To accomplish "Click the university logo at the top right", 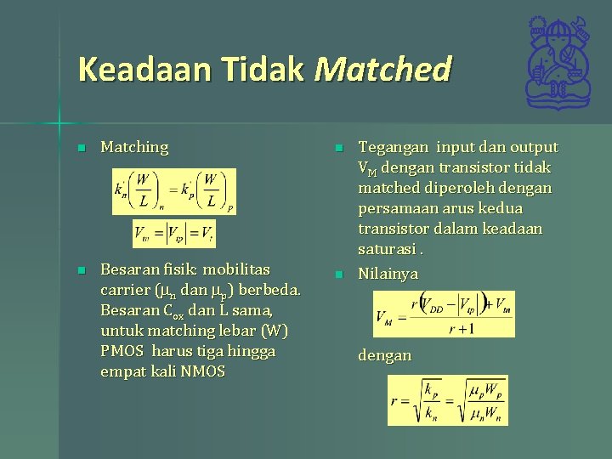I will click(x=558, y=64).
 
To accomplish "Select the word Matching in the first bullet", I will click(x=134, y=147).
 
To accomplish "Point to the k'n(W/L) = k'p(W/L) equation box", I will click(x=174, y=191).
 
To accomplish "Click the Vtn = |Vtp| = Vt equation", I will click(x=174, y=234).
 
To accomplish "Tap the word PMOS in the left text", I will click(x=124, y=351).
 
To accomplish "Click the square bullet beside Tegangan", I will click(x=337, y=148).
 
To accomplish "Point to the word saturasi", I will click(x=387, y=249).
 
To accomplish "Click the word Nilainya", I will click(x=388, y=274).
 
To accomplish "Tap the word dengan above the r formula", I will click(x=384, y=355).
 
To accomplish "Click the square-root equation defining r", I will click(x=447, y=399).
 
